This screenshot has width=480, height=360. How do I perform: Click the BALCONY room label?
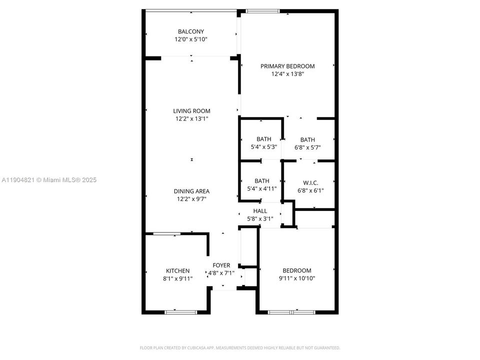click(191, 31)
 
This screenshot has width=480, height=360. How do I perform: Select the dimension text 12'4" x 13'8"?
click(287, 73)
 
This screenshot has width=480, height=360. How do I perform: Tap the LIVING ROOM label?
click(191, 111)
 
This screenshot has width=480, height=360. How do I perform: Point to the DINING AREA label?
click(191, 191)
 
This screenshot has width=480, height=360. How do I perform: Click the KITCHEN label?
click(177, 270)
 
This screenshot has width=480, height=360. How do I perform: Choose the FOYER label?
click(221, 265)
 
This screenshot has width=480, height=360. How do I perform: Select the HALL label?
click(260, 211)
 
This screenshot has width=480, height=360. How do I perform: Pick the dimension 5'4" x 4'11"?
click(262, 188)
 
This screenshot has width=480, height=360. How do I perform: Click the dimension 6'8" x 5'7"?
click(307, 147)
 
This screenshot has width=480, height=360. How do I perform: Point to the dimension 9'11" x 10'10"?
click(297, 278)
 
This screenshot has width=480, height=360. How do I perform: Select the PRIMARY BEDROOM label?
click(287, 66)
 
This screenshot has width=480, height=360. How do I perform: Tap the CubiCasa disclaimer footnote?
click(239, 347)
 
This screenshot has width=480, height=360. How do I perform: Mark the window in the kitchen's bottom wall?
click(181, 312)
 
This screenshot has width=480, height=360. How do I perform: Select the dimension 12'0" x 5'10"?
click(191, 39)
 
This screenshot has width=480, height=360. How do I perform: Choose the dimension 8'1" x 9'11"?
click(177, 278)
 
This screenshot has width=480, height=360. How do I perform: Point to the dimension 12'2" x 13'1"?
click(191, 118)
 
